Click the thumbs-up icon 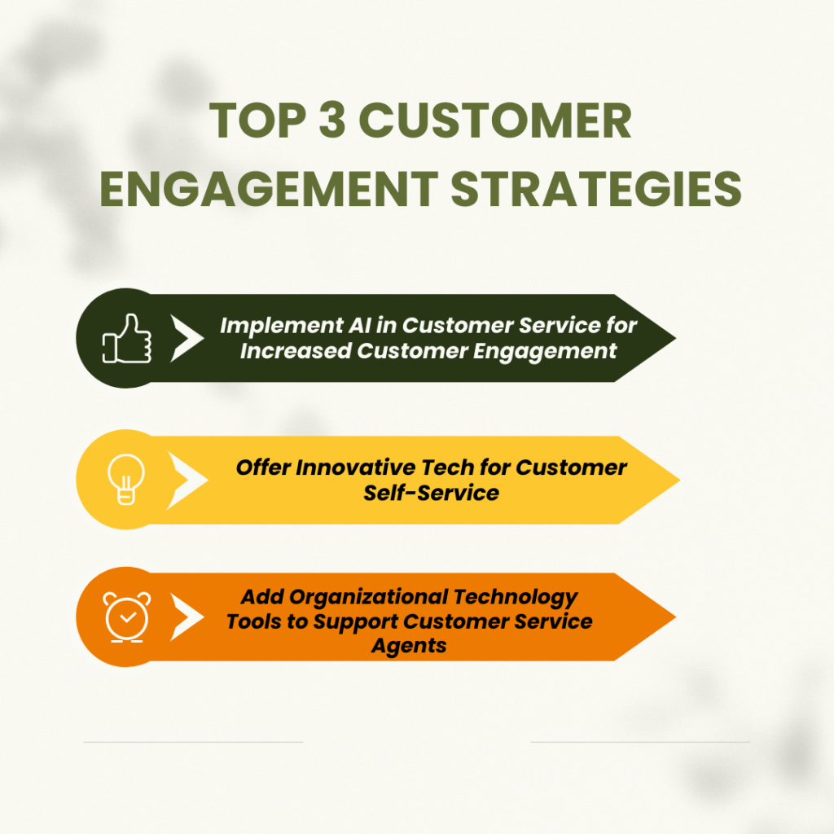pos(126,338)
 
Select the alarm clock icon pos(126,617)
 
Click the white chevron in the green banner pos(187,338)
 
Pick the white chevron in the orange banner pos(187,617)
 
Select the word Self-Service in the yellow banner pos(432,492)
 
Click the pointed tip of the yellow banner pos(678,479)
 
